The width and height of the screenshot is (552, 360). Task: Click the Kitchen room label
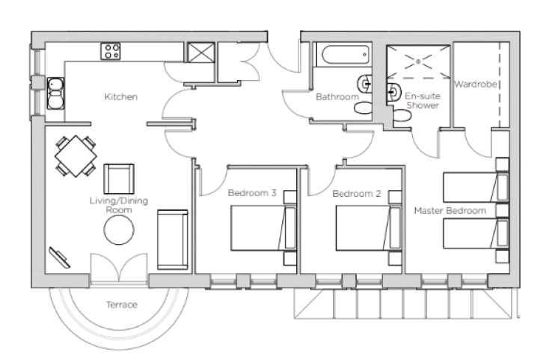point(120,97)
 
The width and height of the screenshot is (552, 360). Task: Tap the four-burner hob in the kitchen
point(111,52)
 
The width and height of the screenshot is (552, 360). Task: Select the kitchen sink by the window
point(55,94)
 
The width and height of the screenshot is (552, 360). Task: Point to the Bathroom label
point(337,97)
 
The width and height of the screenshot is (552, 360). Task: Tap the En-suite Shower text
point(423,100)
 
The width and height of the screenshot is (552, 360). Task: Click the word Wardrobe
point(475,84)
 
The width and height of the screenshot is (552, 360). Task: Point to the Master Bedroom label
point(450,210)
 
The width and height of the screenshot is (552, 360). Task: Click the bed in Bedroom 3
point(263,228)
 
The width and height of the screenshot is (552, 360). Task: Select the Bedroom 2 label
point(357,194)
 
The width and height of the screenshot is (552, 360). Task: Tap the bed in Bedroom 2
point(369,228)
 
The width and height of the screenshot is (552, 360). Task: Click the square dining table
point(76,156)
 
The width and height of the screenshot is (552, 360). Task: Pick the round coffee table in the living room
point(119,230)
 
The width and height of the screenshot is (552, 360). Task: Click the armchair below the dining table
point(119,179)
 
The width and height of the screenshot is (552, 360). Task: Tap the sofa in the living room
point(173,240)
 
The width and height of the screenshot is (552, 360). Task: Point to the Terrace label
point(122,305)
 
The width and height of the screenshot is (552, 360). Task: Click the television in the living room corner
point(60,257)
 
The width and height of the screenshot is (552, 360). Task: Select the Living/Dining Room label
point(119,205)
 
